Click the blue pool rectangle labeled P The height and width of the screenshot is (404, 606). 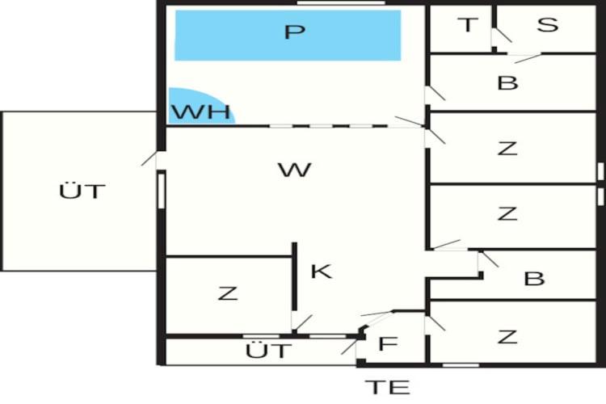pos(288,35)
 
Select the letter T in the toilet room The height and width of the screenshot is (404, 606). pos(468,25)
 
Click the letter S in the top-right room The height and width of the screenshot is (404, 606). pos(548,25)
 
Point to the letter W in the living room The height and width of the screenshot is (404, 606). pos(293,170)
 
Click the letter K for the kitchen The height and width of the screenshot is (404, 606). pos(321,271)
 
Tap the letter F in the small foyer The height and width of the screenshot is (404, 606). pos(388,344)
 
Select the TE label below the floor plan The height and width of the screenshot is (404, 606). pos(387,387)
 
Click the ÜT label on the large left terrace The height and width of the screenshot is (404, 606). pos(82,192)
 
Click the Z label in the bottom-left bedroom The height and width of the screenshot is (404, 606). pos(228,293)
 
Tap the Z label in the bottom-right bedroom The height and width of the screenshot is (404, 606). pos(507,337)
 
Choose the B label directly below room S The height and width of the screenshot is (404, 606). pos(507,82)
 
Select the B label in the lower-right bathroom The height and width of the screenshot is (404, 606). pos(534,279)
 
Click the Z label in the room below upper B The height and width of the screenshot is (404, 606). pos(507,148)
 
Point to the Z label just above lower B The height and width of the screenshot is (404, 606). pos(507,213)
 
